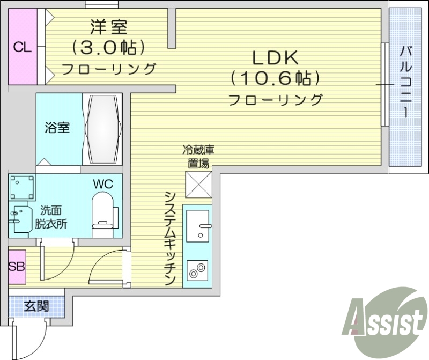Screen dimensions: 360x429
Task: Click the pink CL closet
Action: pyautogui.click(x=22, y=47)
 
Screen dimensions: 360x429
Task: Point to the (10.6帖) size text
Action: pyautogui.click(x=275, y=78)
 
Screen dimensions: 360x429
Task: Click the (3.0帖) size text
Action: pyautogui.click(x=109, y=48)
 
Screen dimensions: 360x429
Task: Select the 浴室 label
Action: pyautogui.click(x=57, y=128)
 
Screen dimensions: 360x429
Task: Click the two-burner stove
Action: pyautogui.click(x=198, y=269)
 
